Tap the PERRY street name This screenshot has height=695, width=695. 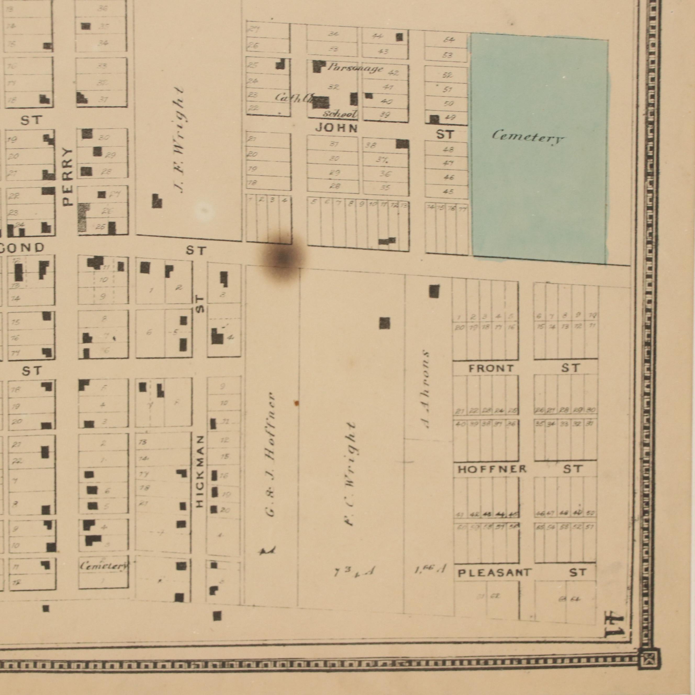67,177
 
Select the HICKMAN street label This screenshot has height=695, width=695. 200,472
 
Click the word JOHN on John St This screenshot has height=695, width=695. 336,128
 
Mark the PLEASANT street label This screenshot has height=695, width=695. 494,573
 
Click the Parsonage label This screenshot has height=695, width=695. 355,68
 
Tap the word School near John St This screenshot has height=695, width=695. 340,114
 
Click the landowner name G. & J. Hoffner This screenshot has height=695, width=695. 271,455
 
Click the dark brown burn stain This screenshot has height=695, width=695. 283,257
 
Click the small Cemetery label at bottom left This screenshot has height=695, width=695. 104,566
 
